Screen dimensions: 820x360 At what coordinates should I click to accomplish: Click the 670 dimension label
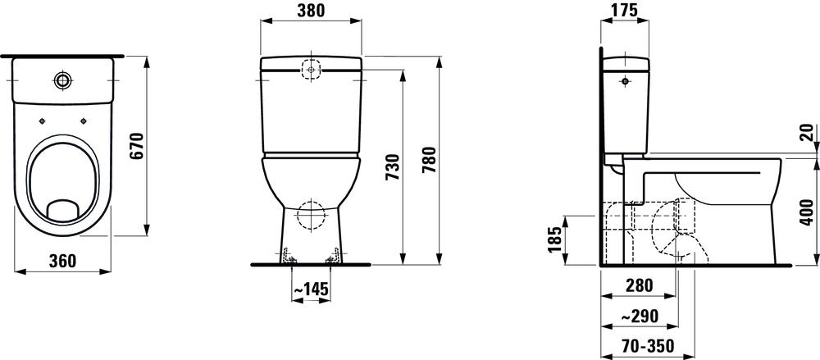click(136, 147)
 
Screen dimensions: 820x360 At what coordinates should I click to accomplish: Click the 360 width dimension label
click(62, 261)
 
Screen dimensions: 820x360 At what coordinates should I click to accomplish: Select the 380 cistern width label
click(311, 10)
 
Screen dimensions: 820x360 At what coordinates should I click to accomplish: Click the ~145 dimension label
click(311, 289)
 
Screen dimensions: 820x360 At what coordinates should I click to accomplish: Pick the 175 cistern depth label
click(624, 10)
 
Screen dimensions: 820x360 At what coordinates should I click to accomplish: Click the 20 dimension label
click(808, 134)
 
